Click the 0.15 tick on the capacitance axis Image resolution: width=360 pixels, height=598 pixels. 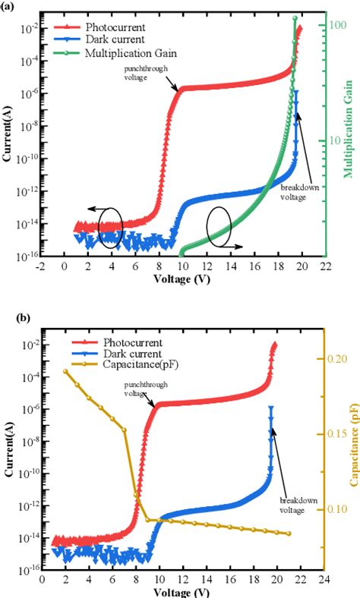[x=339, y=433]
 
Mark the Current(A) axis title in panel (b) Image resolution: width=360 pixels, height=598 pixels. [x=8, y=450]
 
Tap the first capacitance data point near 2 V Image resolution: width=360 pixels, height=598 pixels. [x=65, y=371]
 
